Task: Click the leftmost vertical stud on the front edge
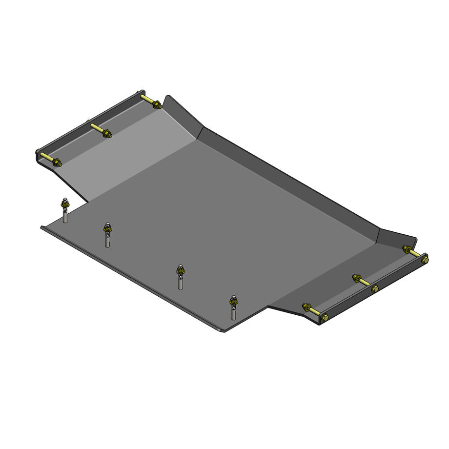point(64,214)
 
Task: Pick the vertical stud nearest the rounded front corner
point(233,310)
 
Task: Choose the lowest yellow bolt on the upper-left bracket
point(48,159)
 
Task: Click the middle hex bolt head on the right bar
point(374,288)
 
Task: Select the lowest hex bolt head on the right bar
point(325,317)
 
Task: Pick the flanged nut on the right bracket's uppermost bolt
point(406,249)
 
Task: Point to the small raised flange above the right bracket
point(398,236)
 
